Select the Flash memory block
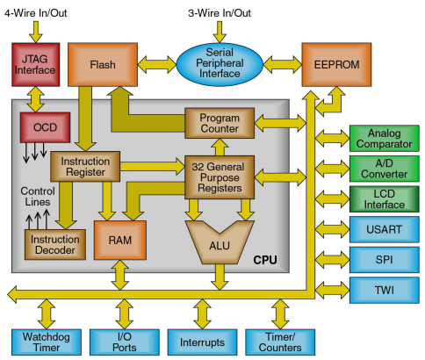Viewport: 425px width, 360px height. click(104, 63)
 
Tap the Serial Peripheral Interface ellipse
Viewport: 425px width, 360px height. click(221, 63)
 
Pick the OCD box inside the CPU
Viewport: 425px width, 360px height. click(45, 129)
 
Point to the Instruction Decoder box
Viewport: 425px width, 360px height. click(54, 244)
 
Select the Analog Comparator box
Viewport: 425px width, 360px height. click(385, 137)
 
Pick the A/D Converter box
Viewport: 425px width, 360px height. click(385, 167)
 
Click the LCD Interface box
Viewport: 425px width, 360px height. click(385, 198)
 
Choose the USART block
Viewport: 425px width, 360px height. click(385, 229)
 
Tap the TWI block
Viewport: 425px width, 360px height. click(385, 289)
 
